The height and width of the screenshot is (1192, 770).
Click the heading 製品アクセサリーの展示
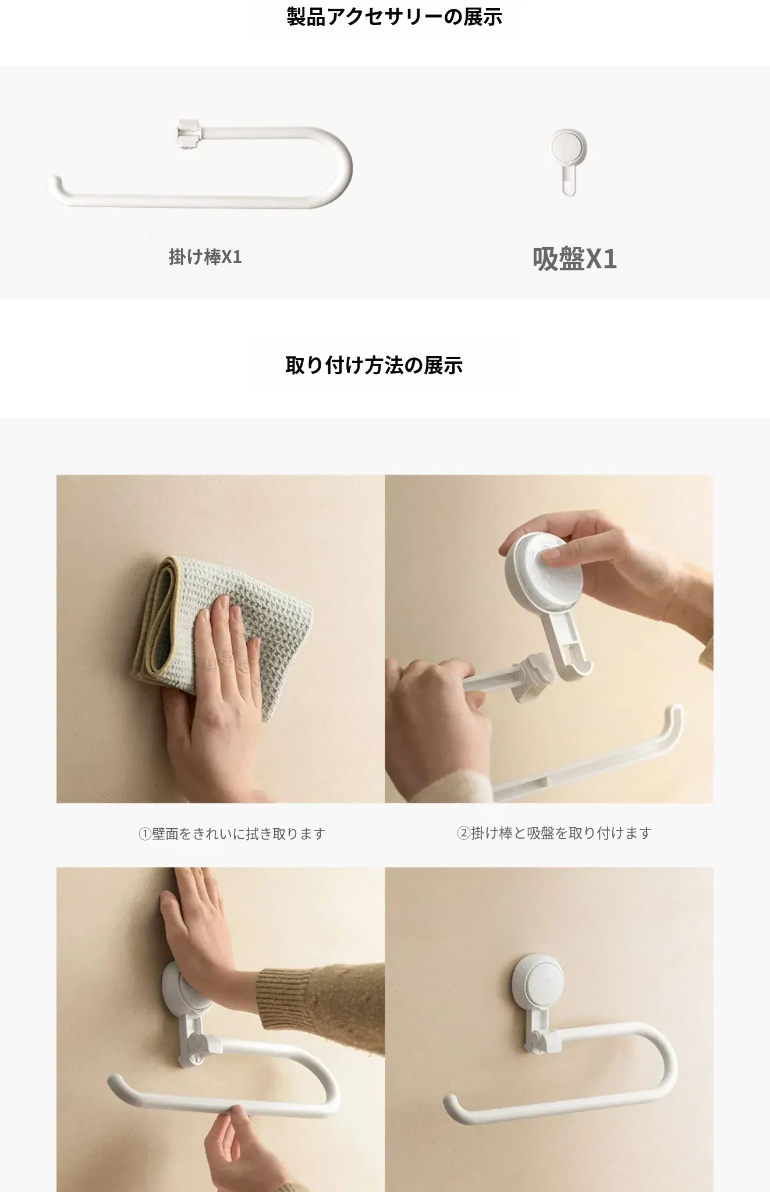394,17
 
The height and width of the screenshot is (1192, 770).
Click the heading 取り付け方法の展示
374,366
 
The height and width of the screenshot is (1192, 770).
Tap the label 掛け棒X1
205,257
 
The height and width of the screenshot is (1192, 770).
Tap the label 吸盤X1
574,259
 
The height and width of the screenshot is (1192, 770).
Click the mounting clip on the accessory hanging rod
188,134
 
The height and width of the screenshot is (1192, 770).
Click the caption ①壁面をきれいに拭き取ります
232,834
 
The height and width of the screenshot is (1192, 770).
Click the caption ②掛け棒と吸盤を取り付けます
554,833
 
